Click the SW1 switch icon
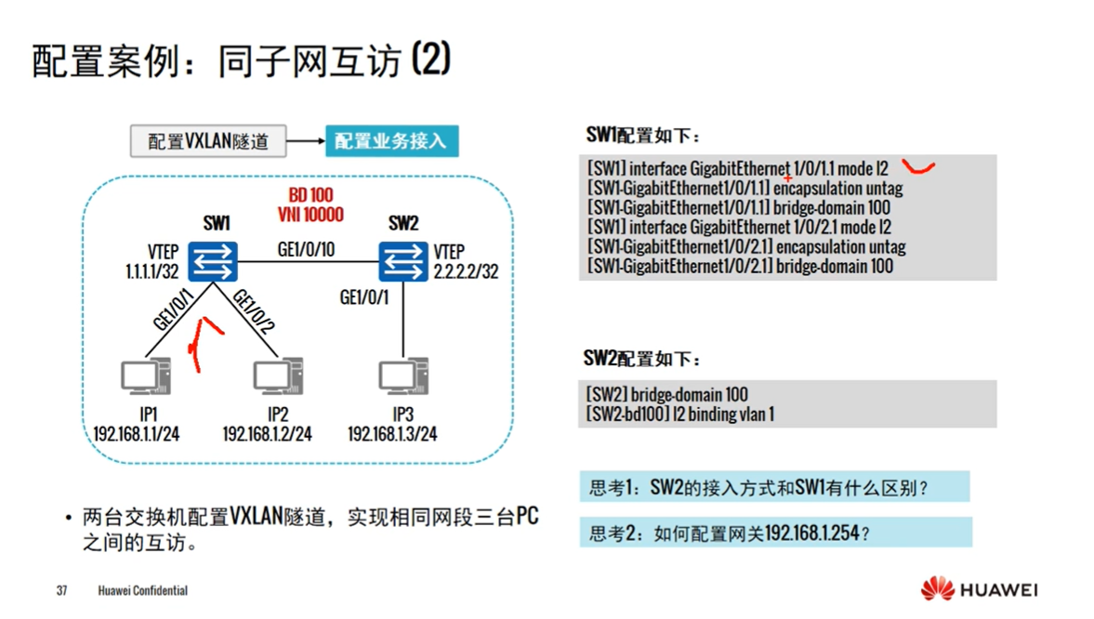pos(213,261)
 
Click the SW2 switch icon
pos(402,261)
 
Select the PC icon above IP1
pos(145,377)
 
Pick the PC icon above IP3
pos(402,376)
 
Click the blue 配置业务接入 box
pos(391,141)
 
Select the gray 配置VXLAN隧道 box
pos(208,141)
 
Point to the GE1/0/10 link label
pos(306,249)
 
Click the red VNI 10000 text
pos(310,215)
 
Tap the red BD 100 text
pos(310,196)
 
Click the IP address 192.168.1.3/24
pos(392,434)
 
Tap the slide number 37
pos(62,590)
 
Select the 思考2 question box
pos(775,533)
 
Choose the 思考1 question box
pos(773,487)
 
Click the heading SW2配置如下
pos(642,359)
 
